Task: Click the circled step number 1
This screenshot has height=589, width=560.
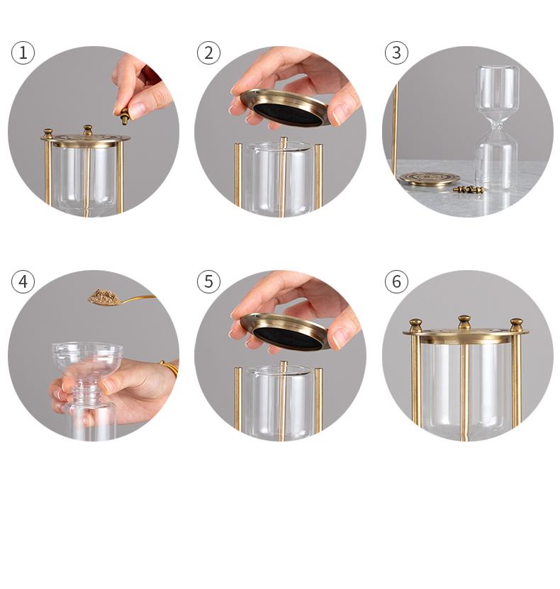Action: (x=23, y=52)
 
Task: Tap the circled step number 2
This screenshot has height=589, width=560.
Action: (x=208, y=52)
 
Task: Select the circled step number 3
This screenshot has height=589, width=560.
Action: (x=396, y=52)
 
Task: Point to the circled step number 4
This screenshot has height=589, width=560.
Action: (x=23, y=281)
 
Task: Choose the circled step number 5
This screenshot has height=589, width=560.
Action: (x=208, y=281)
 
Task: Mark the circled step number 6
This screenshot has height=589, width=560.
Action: (x=396, y=281)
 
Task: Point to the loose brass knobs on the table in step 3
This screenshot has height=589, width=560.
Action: (x=468, y=190)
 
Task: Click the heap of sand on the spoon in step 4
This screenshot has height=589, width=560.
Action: (x=103, y=296)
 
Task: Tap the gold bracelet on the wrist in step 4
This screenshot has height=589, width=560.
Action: (x=171, y=368)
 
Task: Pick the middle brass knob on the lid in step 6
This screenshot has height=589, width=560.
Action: (x=464, y=323)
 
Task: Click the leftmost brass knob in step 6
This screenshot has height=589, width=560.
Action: (x=415, y=325)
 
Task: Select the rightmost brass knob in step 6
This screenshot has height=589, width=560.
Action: (x=516, y=325)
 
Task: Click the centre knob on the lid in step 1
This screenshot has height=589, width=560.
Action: (x=87, y=130)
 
